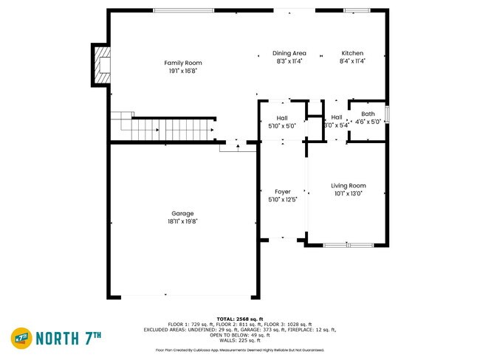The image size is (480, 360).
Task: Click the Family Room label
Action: pos(182,63)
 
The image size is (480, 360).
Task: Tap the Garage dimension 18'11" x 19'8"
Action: pos(182,221)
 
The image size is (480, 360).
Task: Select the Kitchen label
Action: pos(352,53)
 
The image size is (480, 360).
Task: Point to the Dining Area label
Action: pos(289,53)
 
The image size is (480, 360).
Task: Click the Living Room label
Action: pos(348,185)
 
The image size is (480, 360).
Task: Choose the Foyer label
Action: pos(282,192)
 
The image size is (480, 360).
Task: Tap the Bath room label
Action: pos(368,114)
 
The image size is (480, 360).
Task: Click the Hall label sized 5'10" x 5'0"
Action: pos(281,117)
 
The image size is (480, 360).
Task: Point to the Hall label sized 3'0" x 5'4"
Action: pos(336,117)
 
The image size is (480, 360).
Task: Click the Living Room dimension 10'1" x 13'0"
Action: pos(348,193)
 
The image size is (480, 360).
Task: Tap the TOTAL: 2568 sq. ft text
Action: pos(239,318)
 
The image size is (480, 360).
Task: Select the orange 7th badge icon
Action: pos(21,338)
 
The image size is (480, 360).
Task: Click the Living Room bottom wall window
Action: pos(349,245)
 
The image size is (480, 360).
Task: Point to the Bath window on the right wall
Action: pos(388,115)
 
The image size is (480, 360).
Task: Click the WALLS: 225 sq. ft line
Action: pos(239,340)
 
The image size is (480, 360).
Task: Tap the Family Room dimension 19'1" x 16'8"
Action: pos(182,72)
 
